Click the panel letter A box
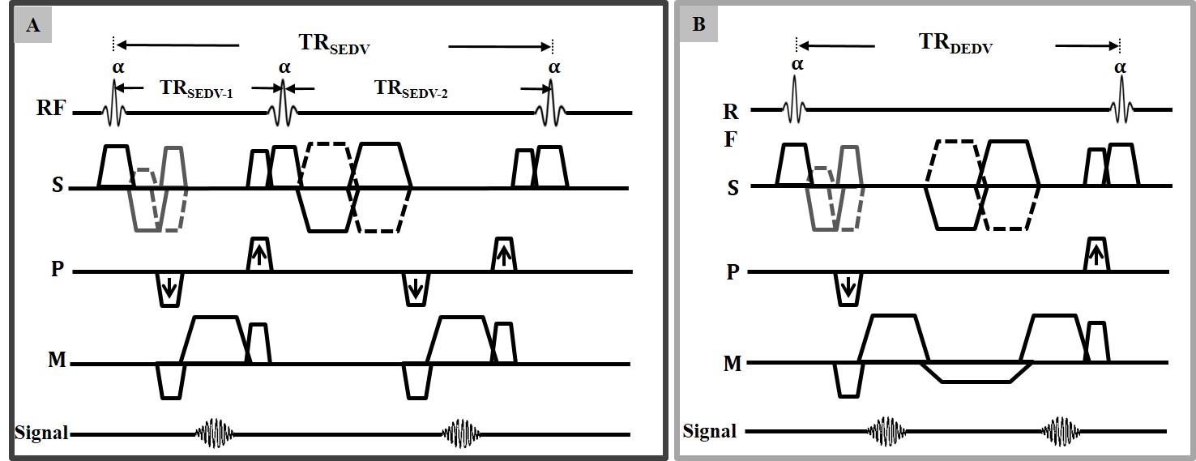33,25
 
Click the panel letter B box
699,25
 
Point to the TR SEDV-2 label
411,91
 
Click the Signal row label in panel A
40,433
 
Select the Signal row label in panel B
709,430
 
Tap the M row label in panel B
732,363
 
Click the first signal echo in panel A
214,433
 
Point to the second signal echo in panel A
462,433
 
